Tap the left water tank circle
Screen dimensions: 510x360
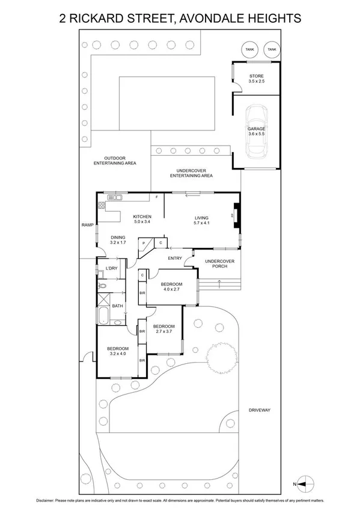coord(248,49)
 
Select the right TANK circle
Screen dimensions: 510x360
coord(272,49)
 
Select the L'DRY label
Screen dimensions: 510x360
coord(111,268)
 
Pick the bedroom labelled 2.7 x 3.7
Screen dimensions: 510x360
coord(163,328)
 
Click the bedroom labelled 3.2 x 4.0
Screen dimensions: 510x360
coord(118,351)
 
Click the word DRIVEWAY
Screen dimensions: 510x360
coord(260,410)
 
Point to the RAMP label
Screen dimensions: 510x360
coord(87,225)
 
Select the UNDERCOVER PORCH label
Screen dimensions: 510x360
coord(215,263)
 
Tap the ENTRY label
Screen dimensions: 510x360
coord(175,259)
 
